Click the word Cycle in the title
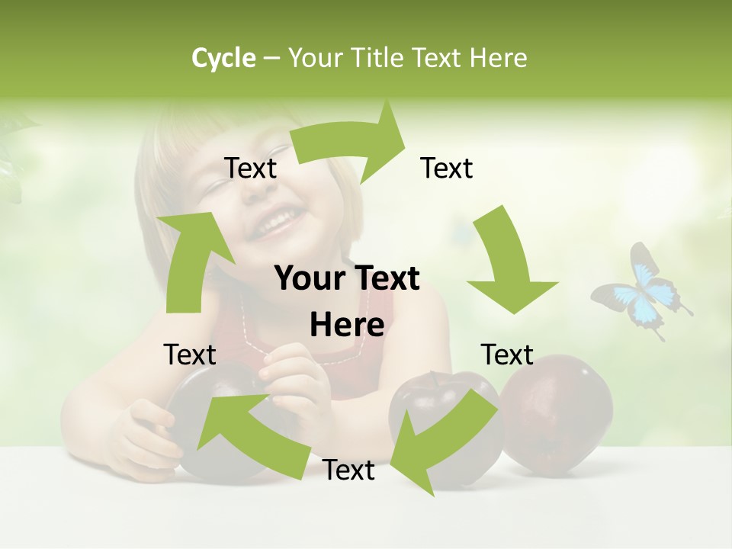(x=223, y=58)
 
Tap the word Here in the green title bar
(x=497, y=58)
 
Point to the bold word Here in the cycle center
(x=347, y=325)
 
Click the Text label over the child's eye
(x=251, y=169)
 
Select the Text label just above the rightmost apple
(x=507, y=355)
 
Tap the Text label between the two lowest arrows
(x=348, y=470)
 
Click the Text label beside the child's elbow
(x=190, y=355)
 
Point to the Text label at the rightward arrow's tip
(x=447, y=168)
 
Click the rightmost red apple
(x=560, y=412)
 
